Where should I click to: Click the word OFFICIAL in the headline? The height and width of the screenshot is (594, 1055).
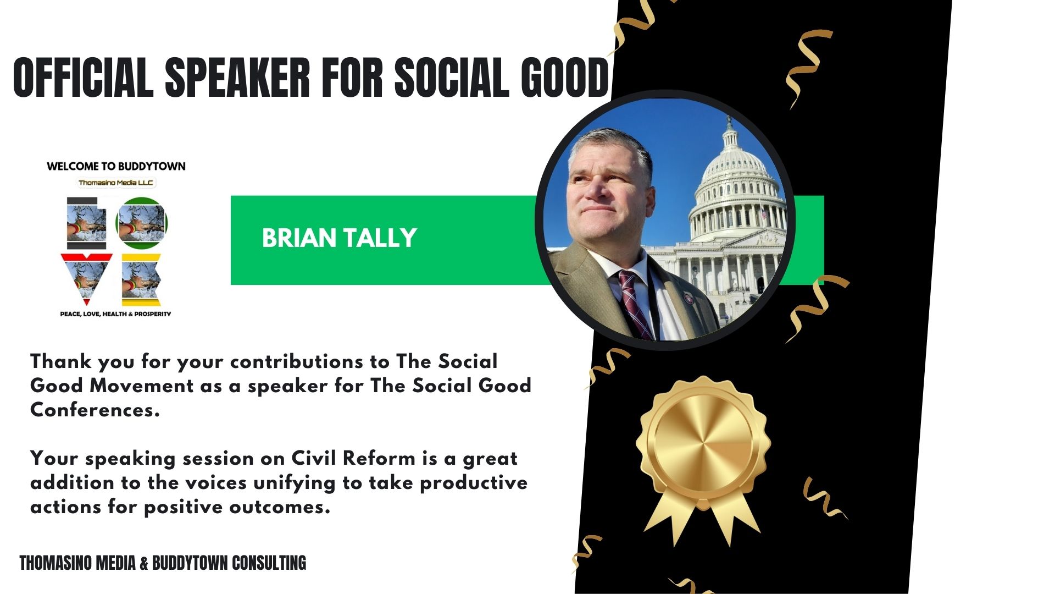[83, 78]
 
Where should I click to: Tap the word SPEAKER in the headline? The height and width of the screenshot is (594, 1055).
[238, 78]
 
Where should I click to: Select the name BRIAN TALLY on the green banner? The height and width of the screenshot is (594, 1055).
[339, 238]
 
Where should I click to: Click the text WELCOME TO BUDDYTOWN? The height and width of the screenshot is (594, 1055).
[116, 166]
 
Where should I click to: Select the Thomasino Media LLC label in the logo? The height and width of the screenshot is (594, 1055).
[116, 183]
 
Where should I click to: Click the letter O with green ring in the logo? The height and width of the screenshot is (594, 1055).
[142, 223]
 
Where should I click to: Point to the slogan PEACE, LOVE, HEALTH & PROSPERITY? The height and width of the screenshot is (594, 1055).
[115, 314]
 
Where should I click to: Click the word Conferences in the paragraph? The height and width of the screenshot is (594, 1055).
[95, 410]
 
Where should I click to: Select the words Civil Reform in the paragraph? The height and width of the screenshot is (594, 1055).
[353, 458]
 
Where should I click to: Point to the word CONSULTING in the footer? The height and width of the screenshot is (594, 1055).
[269, 563]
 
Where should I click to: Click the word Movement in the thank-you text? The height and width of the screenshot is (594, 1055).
[142, 386]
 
